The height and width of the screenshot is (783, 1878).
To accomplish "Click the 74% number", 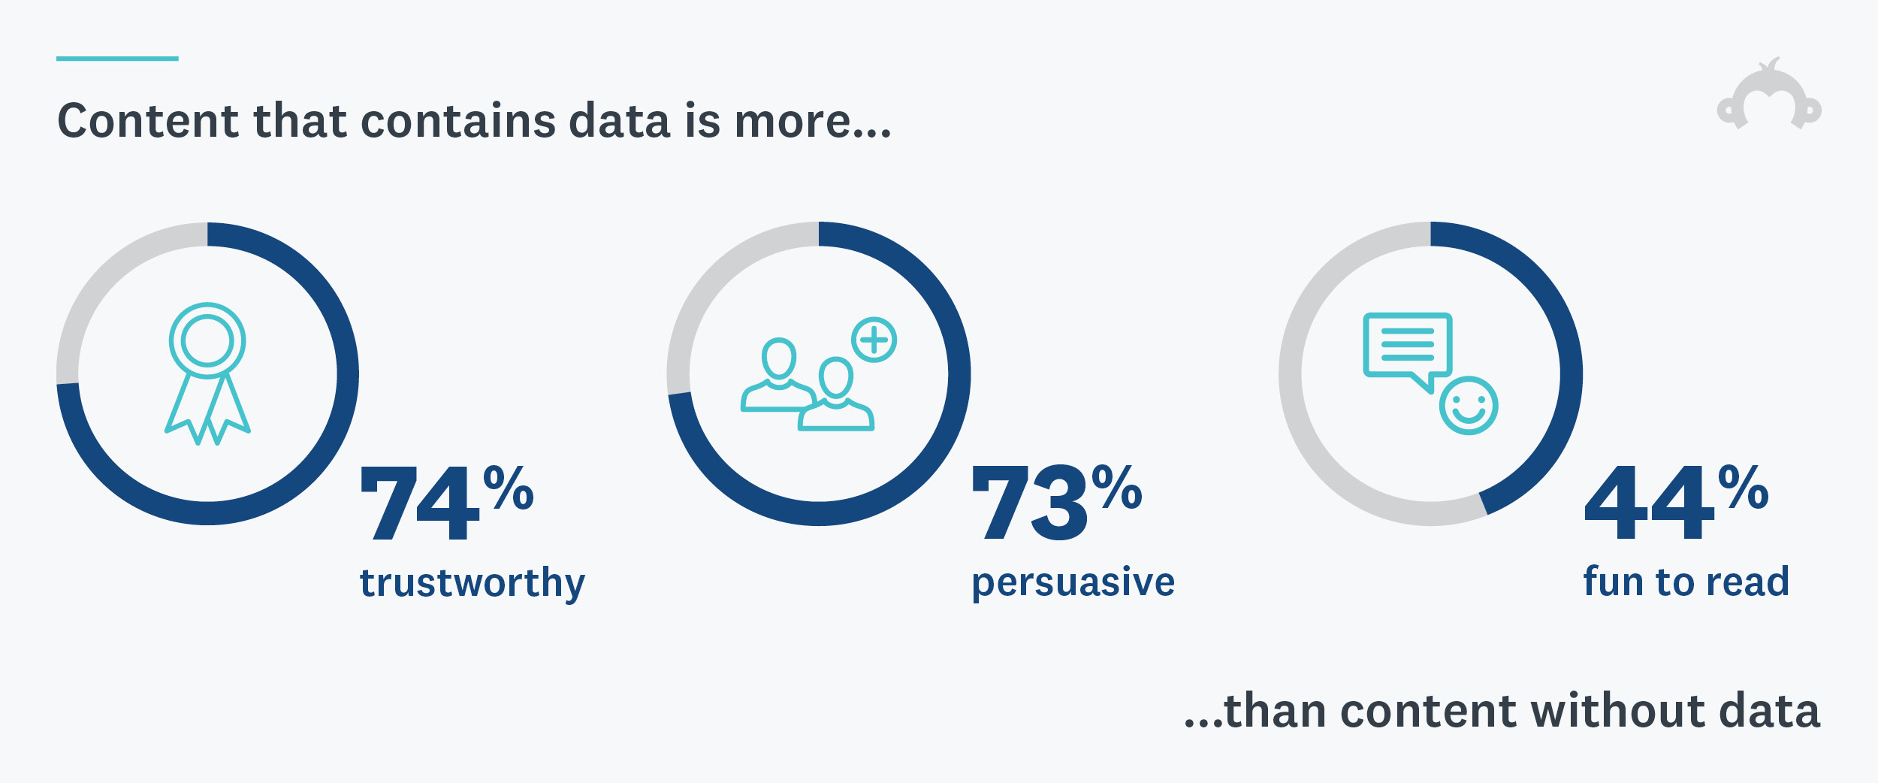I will point(447,502).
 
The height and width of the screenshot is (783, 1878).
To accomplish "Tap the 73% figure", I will point(1055,502).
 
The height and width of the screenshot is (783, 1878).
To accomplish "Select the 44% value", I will point(1675,502).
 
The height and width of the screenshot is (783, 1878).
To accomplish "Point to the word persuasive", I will point(1073,582).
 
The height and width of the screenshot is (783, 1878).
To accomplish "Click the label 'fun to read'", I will point(1686,582).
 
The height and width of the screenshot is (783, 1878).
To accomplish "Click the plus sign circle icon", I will point(874,340).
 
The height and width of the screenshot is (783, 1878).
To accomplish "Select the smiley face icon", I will point(1469,406).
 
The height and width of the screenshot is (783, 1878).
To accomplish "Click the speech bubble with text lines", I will point(1407,346).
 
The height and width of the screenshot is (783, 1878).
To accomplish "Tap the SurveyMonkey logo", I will point(1769,98).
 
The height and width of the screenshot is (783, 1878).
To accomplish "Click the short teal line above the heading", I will point(117,58).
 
